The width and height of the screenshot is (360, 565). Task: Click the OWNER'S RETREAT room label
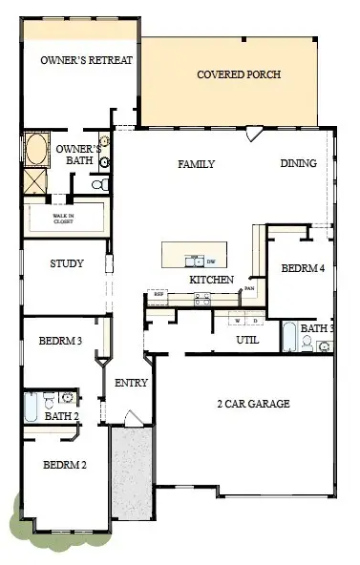coord(86,59)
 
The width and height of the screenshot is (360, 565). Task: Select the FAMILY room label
coord(197,164)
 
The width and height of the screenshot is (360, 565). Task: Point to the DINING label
coord(299,163)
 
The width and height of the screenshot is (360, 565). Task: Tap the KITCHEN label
coord(211,280)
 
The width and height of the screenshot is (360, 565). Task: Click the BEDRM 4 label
coord(303,269)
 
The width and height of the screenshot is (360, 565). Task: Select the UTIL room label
coord(248,339)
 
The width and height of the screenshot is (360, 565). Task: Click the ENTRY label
coord(130,383)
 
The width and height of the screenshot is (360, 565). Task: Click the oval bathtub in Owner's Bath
coord(35,151)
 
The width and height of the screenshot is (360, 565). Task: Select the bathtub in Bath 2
coord(32,407)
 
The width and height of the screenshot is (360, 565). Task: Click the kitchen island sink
coord(197,259)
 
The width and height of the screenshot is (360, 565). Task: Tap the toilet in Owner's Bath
coord(106,181)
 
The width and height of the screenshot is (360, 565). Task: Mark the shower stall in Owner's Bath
coord(35,179)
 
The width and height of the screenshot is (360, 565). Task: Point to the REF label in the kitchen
coord(159,296)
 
